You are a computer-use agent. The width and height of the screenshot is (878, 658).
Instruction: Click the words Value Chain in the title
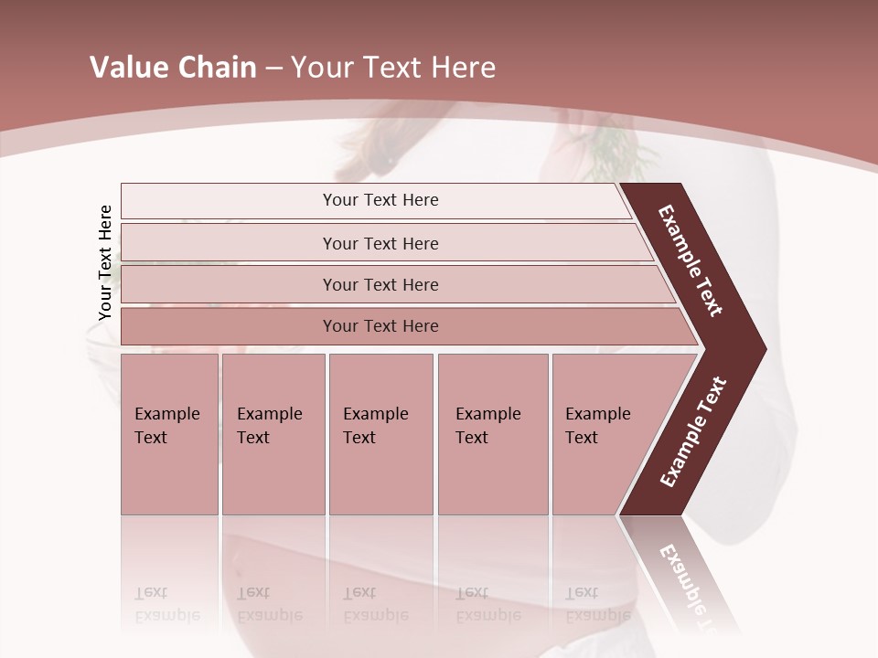(x=173, y=68)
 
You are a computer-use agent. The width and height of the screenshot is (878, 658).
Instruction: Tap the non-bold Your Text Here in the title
(x=393, y=68)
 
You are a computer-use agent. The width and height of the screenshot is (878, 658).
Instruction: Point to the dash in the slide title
(x=273, y=69)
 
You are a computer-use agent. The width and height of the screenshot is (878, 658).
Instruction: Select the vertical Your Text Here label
(x=105, y=262)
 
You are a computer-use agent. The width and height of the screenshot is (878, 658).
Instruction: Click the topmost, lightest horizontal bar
(x=380, y=200)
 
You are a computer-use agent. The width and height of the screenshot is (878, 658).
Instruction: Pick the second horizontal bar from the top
(x=380, y=243)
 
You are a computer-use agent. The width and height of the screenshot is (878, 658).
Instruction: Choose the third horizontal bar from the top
(x=380, y=284)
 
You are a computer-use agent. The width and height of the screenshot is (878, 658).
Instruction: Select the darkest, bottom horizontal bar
(x=380, y=326)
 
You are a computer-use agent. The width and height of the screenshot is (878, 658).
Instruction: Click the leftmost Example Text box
(x=169, y=434)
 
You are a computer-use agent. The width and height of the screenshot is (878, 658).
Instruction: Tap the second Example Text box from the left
(x=273, y=434)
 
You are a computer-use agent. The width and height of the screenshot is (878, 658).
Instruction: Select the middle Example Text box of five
(x=380, y=434)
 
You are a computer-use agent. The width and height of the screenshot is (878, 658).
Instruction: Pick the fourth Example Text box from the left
(x=492, y=434)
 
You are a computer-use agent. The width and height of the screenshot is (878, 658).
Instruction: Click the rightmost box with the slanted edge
(x=604, y=434)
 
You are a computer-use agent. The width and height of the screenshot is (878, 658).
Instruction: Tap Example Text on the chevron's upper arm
(x=691, y=260)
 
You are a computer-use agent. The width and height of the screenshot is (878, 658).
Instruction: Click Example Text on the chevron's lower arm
(x=693, y=432)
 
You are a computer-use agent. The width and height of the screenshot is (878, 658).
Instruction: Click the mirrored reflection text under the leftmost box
(x=166, y=604)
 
